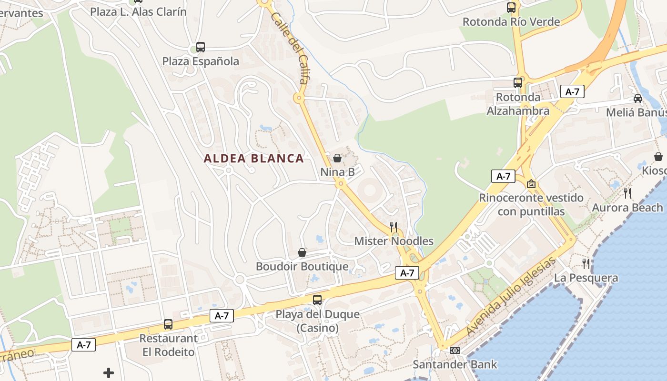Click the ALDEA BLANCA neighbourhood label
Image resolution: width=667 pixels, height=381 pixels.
[x=253, y=159]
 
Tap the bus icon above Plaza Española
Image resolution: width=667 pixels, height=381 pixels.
[x=201, y=47]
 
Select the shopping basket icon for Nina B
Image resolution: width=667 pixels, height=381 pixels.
[x=337, y=158]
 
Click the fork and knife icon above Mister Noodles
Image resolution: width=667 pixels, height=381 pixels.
[x=394, y=227]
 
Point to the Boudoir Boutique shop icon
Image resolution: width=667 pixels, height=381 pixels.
[x=302, y=252]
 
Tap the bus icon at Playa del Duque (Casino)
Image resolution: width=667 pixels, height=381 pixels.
[x=317, y=300]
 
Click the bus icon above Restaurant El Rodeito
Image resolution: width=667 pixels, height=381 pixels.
[x=168, y=324]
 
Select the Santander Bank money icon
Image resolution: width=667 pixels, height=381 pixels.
[x=455, y=351]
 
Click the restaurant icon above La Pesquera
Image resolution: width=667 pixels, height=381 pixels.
[x=586, y=263]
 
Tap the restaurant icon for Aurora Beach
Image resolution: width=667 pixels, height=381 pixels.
[x=627, y=193]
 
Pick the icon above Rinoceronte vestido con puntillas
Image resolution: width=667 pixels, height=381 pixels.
[x=531, y=184]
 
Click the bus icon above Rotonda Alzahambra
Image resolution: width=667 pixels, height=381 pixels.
[x=518, y=83]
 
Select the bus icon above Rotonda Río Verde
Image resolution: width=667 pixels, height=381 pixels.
[x=511, y=7]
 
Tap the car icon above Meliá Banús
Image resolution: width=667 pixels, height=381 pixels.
[x=638, y=99]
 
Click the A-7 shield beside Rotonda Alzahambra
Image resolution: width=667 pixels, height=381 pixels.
[x=572, y=91]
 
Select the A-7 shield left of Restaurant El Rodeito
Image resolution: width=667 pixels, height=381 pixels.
[x=84, y=345]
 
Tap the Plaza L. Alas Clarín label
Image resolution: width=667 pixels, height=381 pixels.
[x=139, y=11]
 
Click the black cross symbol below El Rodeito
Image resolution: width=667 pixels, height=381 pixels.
[x=109, y=373]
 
